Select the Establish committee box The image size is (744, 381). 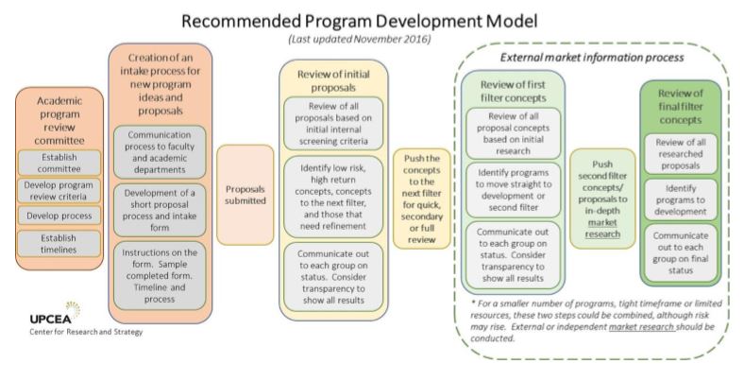pos(59,163)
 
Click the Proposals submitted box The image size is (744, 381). pos(245,193)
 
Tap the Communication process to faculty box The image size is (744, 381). pos(159,147)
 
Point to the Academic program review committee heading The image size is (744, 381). pos(59,120)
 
